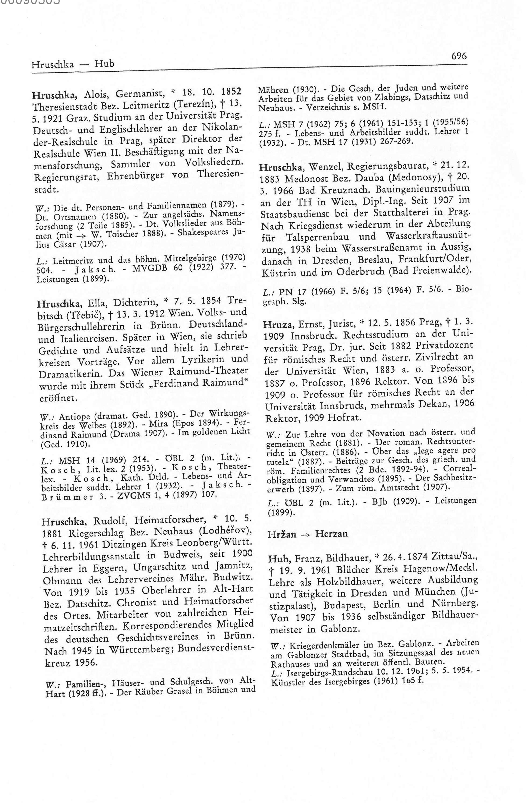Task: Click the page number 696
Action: [459, 56]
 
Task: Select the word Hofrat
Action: [346, 418]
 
